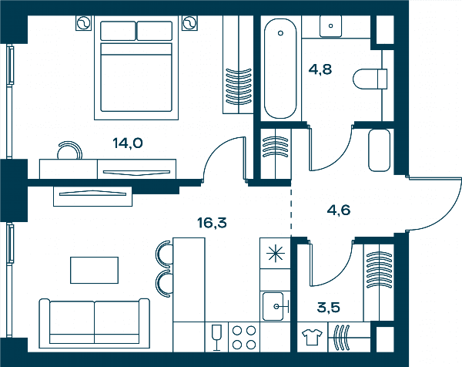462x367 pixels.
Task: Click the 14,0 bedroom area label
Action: click(128, 143)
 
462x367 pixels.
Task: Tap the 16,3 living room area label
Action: click(213, 223)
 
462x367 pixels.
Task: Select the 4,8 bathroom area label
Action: click(320, 69)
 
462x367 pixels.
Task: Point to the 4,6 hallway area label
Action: click(339, 210)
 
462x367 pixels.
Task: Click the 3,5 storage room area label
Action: click(328, 308)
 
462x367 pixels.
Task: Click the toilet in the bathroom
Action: click(370, 79)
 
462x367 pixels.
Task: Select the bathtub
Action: click(280, 69)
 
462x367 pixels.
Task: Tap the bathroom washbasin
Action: click(330, 26)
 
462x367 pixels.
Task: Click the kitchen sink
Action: click(273, 306)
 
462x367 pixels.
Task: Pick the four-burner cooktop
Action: click(243, 337)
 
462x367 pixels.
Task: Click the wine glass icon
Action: click(216, 338)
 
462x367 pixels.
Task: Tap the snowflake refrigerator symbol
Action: click(275, 254)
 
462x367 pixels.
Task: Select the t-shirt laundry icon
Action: click(312, 337)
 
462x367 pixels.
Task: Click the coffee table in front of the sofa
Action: click(94, 270)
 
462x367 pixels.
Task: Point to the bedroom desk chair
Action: click(70, 150)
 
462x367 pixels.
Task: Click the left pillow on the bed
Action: click(118, 31)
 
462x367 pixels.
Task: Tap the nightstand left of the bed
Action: click(84, 22)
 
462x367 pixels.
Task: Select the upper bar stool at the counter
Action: click(164, 253)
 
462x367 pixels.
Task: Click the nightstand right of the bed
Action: click(189, 22)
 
